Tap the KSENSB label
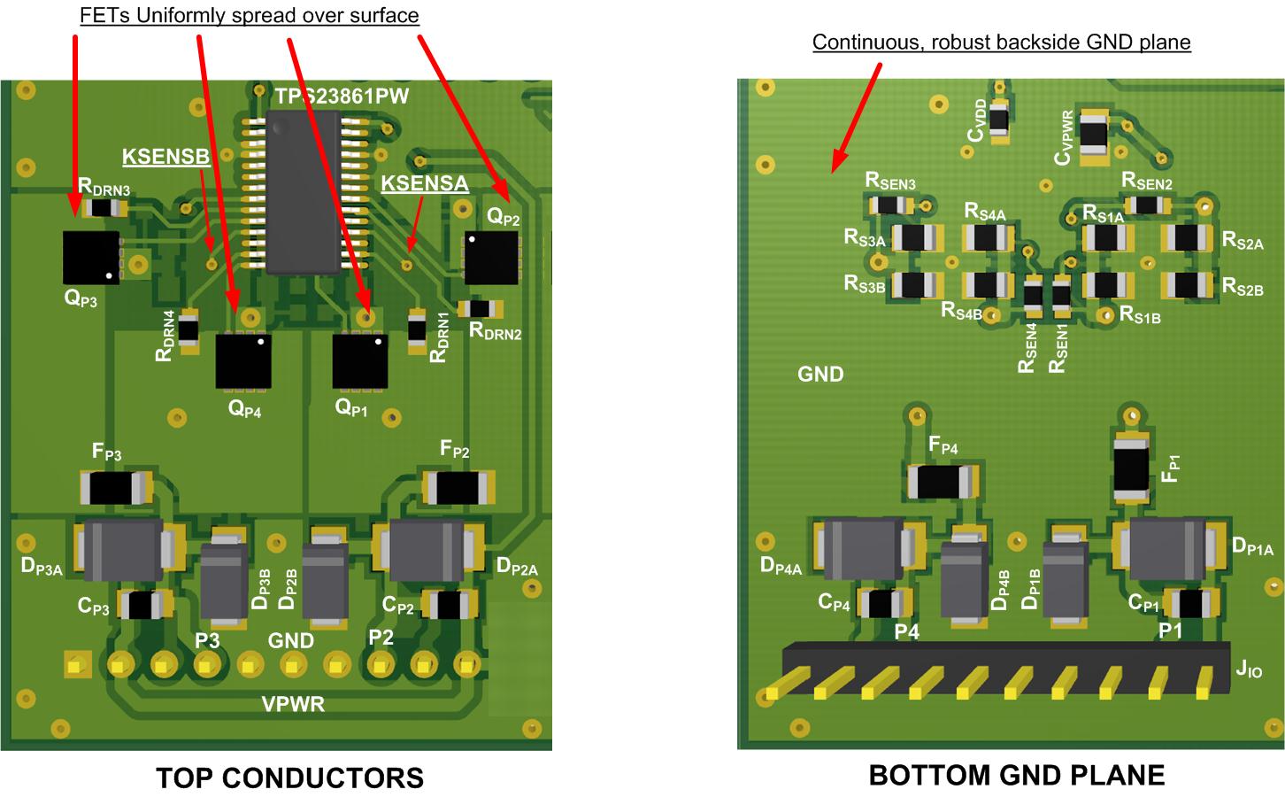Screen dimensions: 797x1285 coord(165,157)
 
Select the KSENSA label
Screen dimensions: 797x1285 coord(424,183)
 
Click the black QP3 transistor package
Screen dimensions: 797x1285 coord(91,258)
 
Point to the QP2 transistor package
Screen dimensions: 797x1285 coord(491,258)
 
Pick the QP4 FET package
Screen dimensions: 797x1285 coord(243,360)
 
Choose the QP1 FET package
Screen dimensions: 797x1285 coord(360,360)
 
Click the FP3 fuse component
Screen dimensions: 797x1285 coord(116,487)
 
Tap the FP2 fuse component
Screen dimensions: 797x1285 coord(458,486)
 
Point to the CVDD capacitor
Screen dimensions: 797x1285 coord(1000,120)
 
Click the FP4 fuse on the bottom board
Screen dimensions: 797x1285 coord(944,482)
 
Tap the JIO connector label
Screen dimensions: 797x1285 coord(1249,670)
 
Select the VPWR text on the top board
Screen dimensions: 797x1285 coord(292,705)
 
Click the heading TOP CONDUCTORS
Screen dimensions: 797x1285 coord(289,778)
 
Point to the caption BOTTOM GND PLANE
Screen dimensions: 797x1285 coord(1016,775)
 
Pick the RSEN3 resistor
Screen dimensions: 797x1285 coord(891,205)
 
